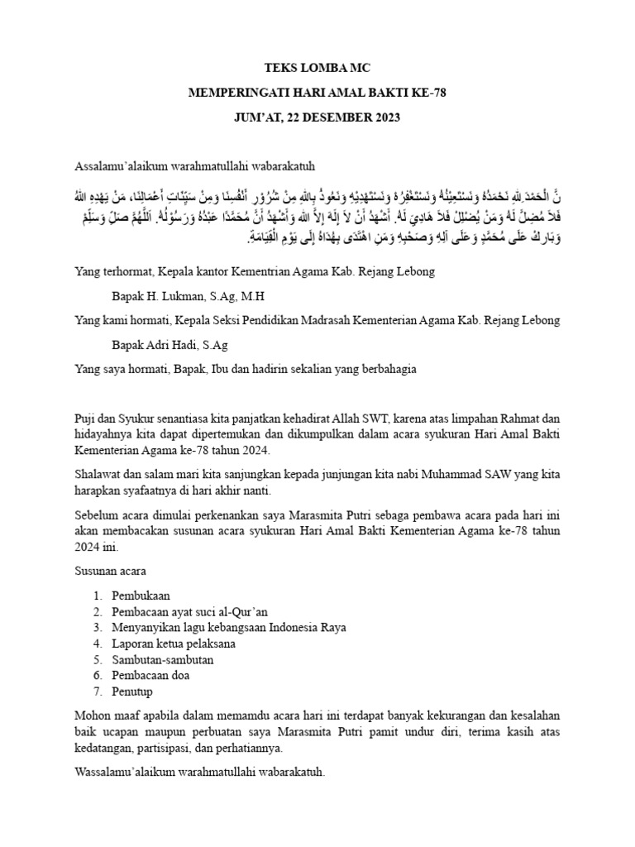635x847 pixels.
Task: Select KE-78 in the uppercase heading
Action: (427, 93)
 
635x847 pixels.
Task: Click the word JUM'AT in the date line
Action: (260, 117)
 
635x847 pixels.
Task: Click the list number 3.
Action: (97, 627)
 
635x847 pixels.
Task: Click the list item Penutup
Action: (133, 691)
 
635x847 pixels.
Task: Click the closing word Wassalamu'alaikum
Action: (127, 773)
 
